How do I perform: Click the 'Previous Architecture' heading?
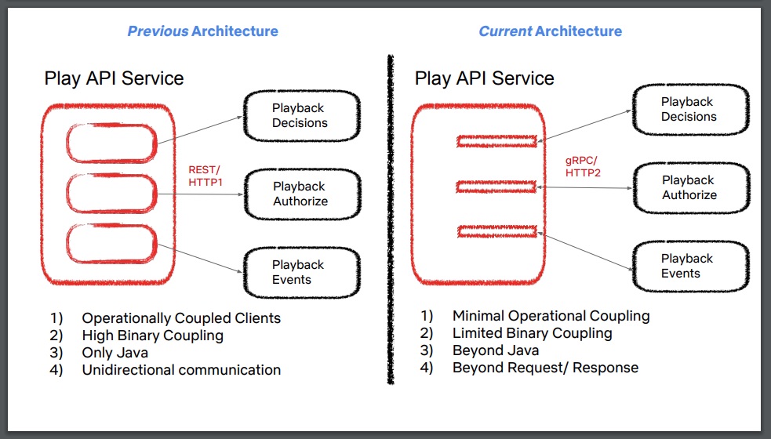(x=202, y=31)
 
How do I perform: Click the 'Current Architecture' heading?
(x=550, y=31)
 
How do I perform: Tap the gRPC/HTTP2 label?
(x=583, y=166)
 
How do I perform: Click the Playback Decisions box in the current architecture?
(x=689, y=109)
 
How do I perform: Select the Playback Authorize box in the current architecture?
(x=689, y=187)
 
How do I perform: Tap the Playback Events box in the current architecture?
(x=689, y=266)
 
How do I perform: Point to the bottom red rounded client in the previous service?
(x=112, y=243)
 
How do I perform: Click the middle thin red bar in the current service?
(x=497, y=187)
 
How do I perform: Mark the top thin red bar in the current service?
(x=497, y=141)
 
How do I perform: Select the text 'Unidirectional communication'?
(x=181, y=370)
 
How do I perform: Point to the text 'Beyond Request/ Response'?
(x=545, y=368)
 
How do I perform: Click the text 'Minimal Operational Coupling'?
(x=551, y=316)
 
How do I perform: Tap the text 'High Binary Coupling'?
(x=152, y=336)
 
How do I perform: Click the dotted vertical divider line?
(x=388, y=219)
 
